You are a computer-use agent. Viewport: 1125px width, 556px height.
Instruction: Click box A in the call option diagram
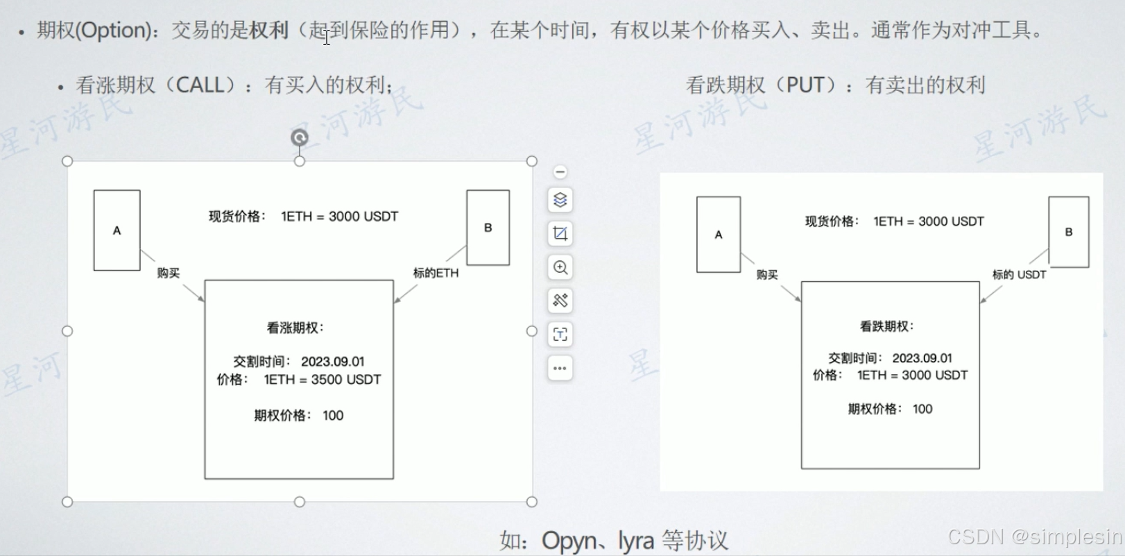tap(117, 230)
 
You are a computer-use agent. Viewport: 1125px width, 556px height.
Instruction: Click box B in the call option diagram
tap(488, 228)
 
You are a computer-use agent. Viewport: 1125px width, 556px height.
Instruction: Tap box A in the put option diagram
tap(718, 235)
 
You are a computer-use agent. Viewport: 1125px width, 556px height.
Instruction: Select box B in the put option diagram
tap(1068, 232)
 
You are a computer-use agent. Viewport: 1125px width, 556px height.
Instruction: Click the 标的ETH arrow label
tap(436, 273)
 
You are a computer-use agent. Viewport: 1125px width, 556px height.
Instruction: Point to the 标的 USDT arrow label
tap(1019, 275)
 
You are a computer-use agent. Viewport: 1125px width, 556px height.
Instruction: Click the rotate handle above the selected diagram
tap(300, 137)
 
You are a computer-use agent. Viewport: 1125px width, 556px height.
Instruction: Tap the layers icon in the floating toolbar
tap(560, 200)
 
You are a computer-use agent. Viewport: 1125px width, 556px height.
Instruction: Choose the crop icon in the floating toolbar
tap(560, 234)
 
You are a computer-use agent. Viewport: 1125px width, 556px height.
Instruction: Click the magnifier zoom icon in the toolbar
tap(560, 267)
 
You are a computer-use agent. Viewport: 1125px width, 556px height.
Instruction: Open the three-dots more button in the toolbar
tap(560, 368)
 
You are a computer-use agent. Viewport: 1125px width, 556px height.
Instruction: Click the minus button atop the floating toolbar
tap(560, 171)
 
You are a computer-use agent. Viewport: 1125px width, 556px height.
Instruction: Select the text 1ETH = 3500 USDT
tap(322, 380)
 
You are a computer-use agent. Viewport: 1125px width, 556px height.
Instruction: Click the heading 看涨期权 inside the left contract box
tap(295, 328)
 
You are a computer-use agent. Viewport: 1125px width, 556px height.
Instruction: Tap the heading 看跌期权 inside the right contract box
tap(886, 326)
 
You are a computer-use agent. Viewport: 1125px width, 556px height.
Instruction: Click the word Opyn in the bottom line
tap(569, 540)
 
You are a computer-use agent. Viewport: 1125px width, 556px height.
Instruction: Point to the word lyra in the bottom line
tap(636, 540)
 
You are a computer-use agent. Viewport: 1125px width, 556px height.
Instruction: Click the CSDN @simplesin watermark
tap(1034, 537)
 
